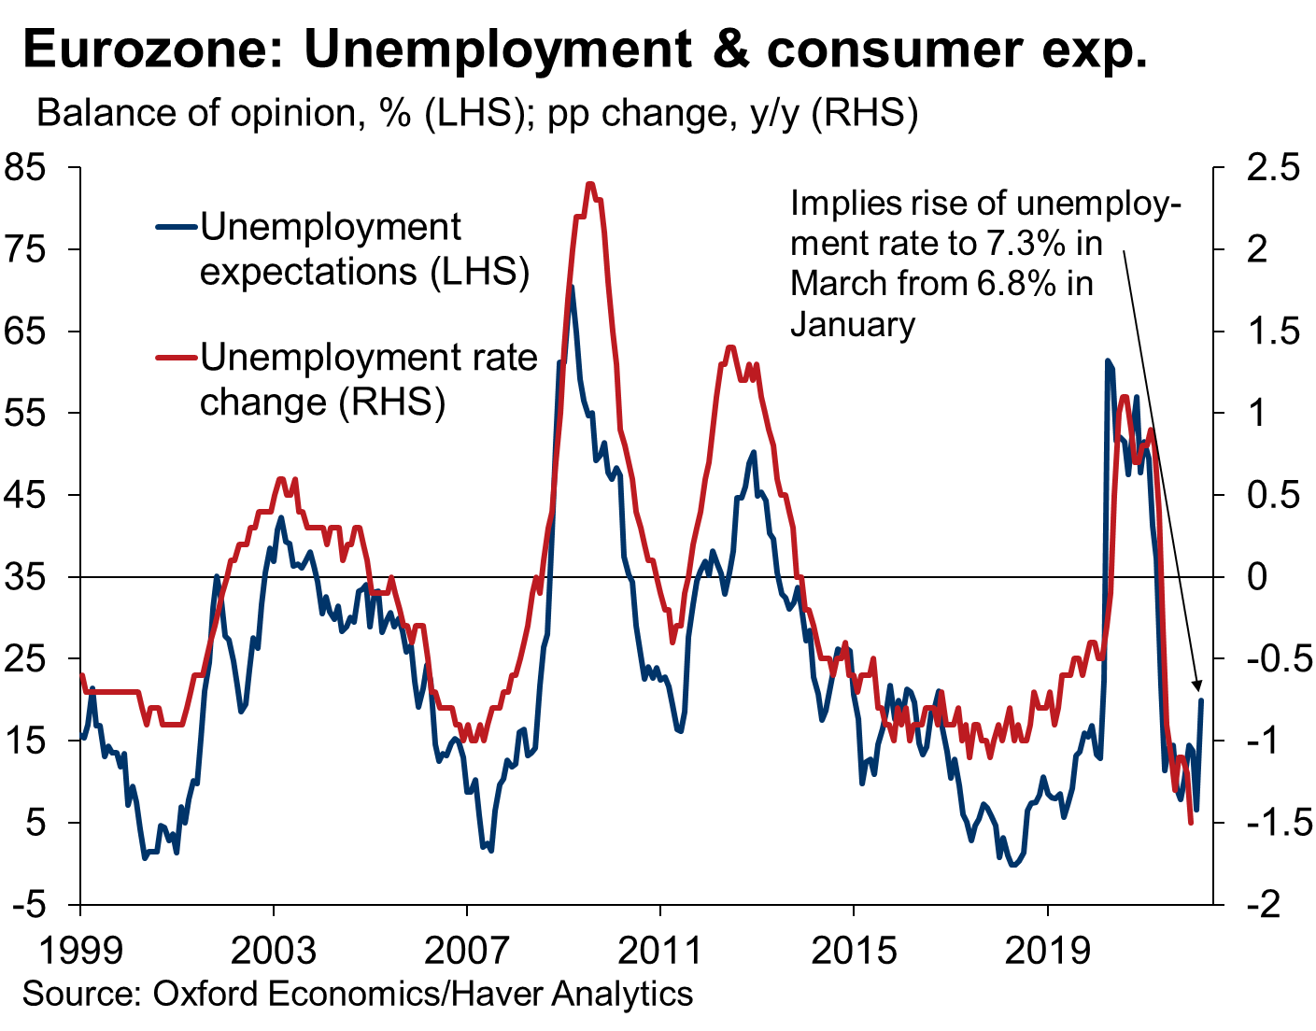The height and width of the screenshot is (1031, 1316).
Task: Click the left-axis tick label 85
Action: coord(25,168)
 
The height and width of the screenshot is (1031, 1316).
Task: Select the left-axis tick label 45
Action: coord(25,495)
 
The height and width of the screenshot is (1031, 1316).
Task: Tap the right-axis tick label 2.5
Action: coord(1272,168)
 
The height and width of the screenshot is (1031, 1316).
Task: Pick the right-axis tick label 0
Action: coord(1256,577)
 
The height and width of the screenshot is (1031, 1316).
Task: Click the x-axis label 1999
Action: coord(80,949)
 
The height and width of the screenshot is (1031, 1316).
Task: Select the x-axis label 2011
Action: coord(659,949)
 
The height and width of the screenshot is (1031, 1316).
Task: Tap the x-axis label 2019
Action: coord(1047,949)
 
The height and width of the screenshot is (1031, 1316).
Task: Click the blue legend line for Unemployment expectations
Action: coord(177,228)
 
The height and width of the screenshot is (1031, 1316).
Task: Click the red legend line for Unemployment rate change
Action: coord(177,358)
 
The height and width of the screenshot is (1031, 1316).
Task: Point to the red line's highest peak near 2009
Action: coord(591,183)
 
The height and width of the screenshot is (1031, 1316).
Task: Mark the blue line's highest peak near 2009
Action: coord(571,287)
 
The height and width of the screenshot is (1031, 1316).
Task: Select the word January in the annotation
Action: coord(853,325)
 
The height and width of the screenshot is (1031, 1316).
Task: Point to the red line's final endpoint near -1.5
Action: coord(1191,823)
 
